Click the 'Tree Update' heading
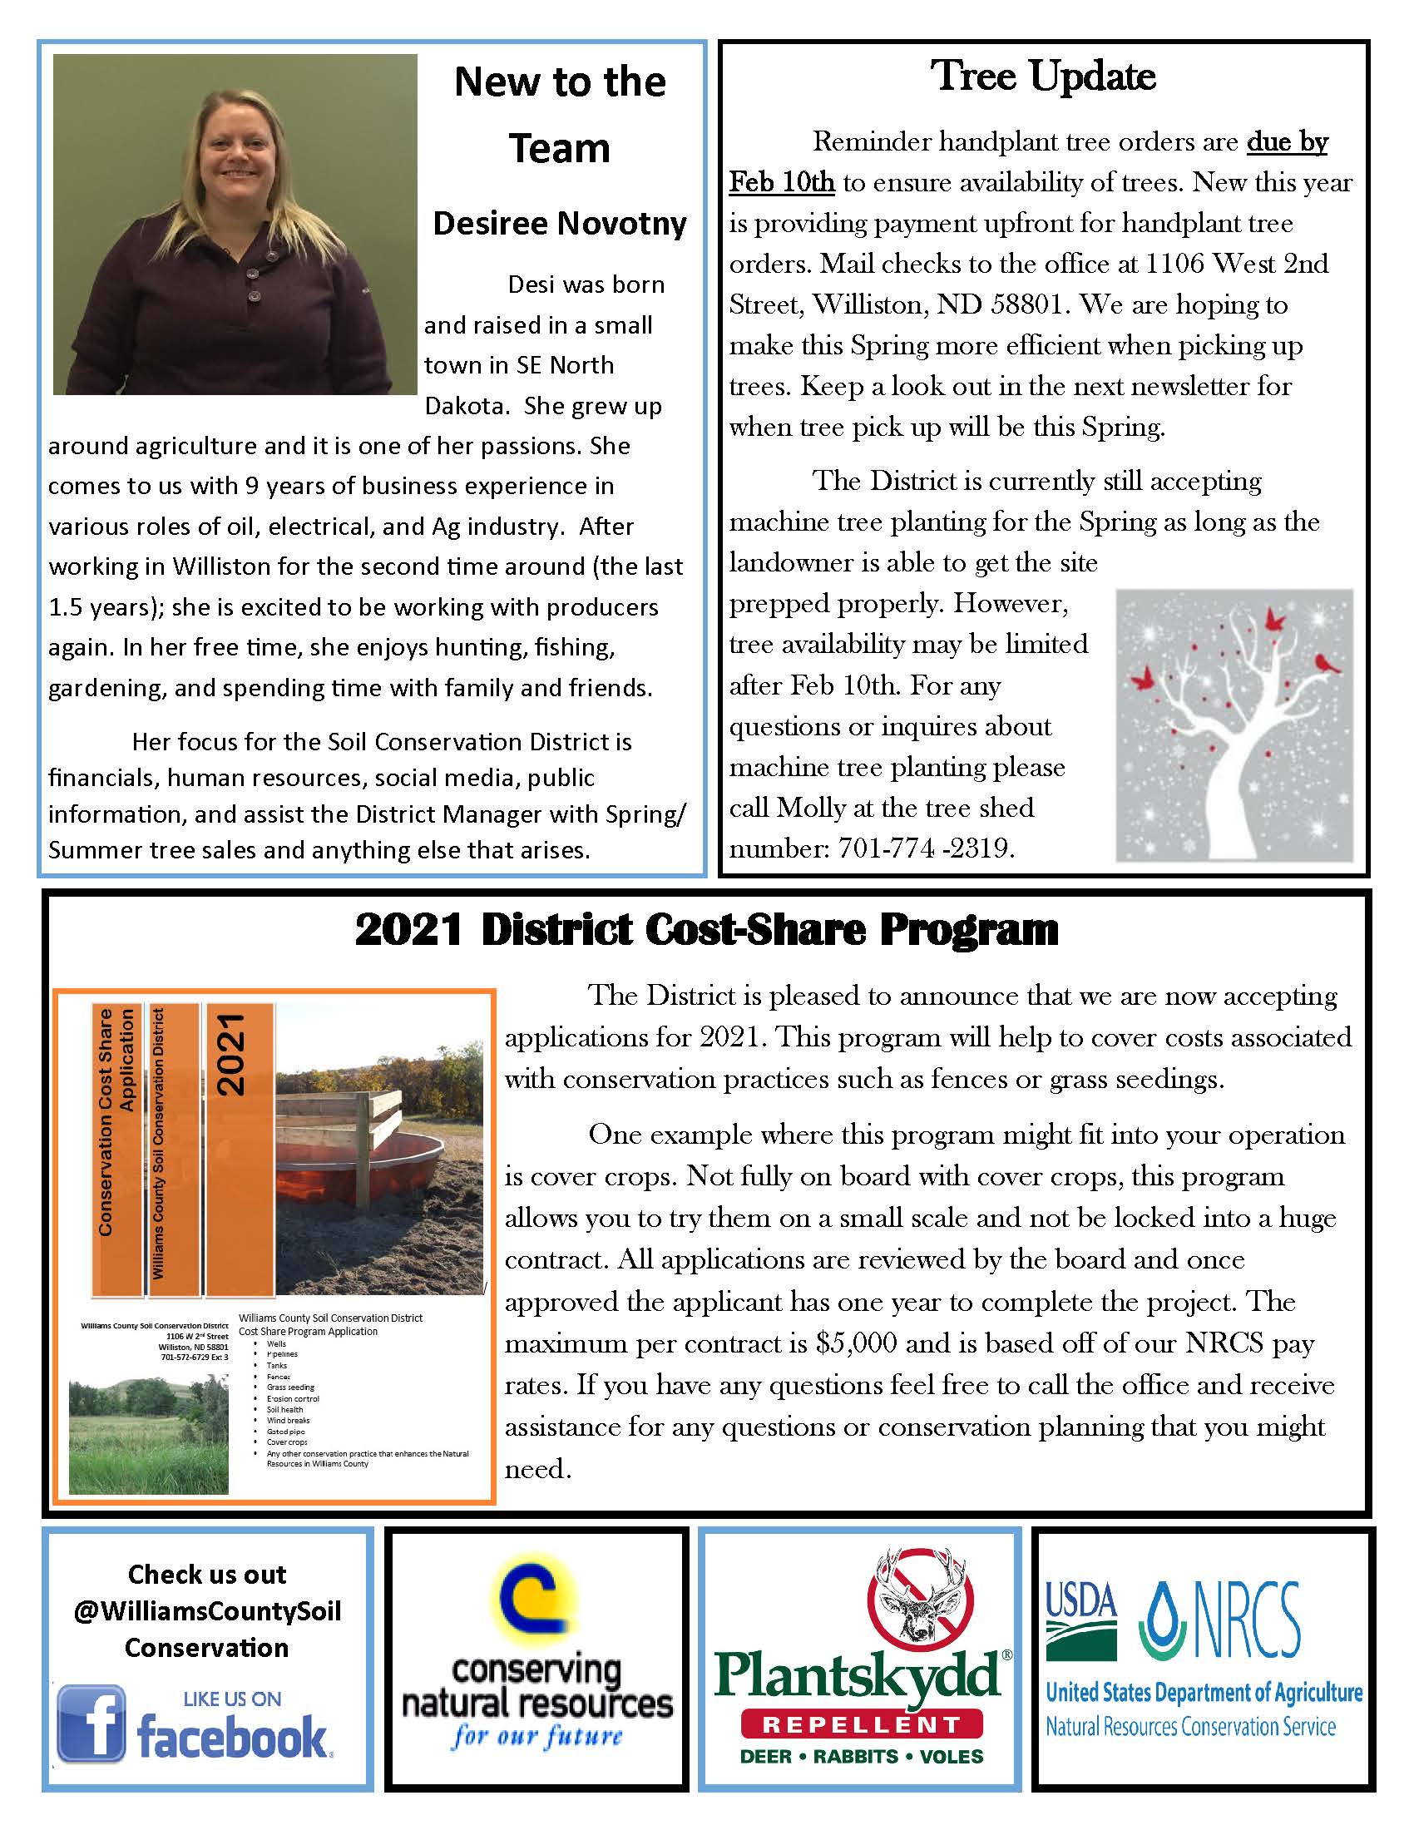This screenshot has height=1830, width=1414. [1043, 77]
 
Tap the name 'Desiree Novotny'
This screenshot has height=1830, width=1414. [560, 223]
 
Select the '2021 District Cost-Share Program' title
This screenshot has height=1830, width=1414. [706, 929]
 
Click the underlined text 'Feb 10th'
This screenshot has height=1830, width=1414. [782, 182]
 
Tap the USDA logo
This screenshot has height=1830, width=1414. [1080, 1621]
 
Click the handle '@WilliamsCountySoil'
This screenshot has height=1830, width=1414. [207, 1611]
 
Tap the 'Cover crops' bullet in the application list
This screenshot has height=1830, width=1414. [286, 1442]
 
